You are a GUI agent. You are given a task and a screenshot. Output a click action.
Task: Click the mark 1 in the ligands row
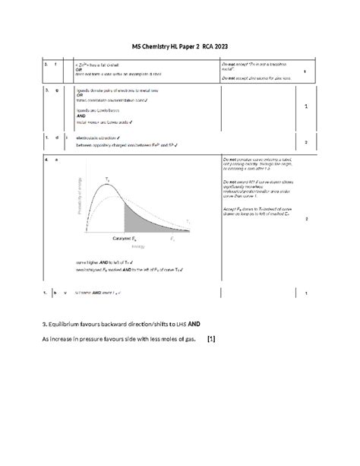point(305,106)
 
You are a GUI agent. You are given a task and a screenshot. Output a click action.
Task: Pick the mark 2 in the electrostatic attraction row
point(305,142)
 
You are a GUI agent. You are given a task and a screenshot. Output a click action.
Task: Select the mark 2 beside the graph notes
point(305,219)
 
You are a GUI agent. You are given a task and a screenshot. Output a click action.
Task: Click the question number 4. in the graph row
point(46,160)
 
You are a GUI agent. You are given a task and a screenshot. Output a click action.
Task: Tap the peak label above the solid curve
point(108,176)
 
